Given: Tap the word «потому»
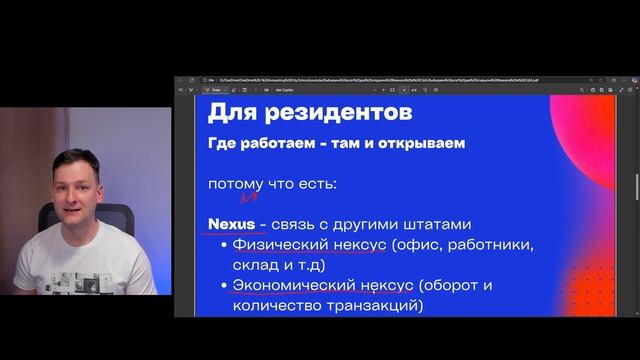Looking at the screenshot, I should click(x=235, y=185).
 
